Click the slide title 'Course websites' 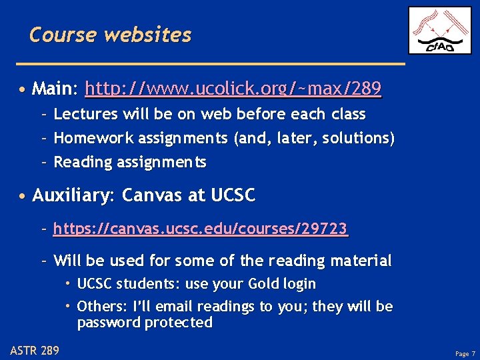click(x=110, y=34)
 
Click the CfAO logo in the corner click(x=439, y=30)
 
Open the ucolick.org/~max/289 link click(x=233, y=88)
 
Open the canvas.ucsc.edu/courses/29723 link click(x=200, y=229)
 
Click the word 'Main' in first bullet click(x=54, y=88)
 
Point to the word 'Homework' click(x=94, y=138)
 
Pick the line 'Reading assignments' click(x=130, y=162)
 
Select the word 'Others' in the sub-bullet click(x=98, y=307)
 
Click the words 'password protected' click(x=145, y=323)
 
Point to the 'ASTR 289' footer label click(x=35, y=350)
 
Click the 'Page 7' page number click(x=465, y=353)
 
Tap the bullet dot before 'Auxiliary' click(x=23, y=197)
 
